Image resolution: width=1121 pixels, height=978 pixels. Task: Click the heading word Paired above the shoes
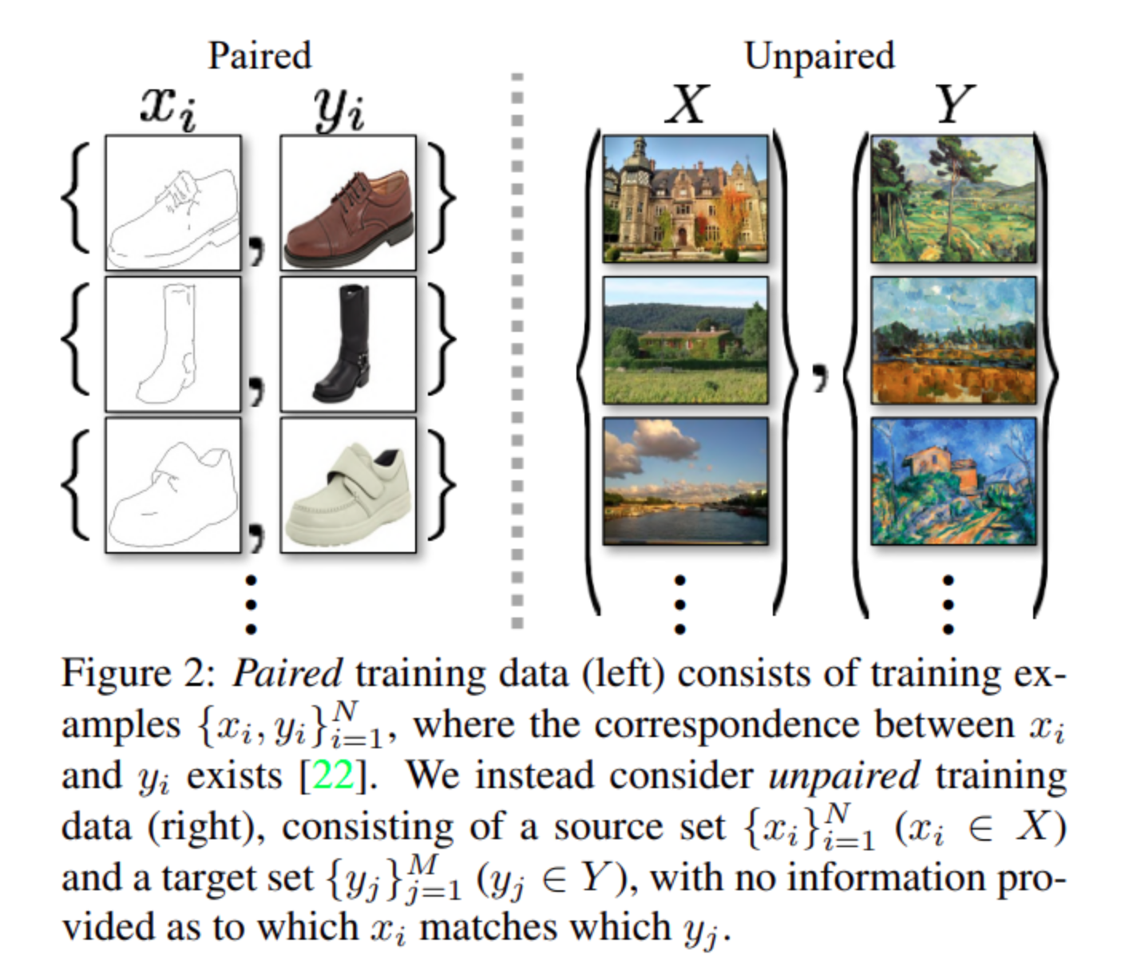pyautogui.click(x=259, y=56)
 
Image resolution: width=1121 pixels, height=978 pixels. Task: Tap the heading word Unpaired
pyautogui.click(x=819, y=56)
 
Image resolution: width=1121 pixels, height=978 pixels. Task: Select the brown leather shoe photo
pyautogui.click(x=348, y=203)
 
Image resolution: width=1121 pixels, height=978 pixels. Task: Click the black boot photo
pyautogui.click(x=348, y=344)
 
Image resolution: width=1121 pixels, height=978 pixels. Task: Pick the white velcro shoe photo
pyautogui.click(x=348, y=485)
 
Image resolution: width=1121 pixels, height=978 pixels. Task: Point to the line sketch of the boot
pyautogui.click(x=172, y=344)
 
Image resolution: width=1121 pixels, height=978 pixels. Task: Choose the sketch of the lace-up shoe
pyautogui.click(x=172, y=203)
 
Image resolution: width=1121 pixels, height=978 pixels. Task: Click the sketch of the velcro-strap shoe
pyautogui.click(x=172, y=485)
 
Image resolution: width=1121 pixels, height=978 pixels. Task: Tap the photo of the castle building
pyautogui.click(x=685, y=199)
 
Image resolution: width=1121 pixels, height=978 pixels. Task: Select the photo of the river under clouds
pyautogui.click(x=685, y=481)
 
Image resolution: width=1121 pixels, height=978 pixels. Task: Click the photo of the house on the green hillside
pyautogui.click(x=685, y=341)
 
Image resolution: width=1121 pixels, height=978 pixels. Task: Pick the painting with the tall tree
pyautogui.click(x=953, y=199)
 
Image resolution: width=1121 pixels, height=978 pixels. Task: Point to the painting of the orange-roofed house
pyautogui.click(x=953, y=481)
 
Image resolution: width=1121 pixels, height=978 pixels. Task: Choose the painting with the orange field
pyautogui.click(x=953, y=341)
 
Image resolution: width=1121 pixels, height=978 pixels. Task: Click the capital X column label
pyautogui.click(x=686, y=105)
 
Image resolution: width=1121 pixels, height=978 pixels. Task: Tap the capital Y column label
pyautogui.click(x=954, y=105)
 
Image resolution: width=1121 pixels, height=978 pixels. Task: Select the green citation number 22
pyautogui.click(x=333, y=775)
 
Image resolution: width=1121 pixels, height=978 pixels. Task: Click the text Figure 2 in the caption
pyautogui.click(x=137, y=674)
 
